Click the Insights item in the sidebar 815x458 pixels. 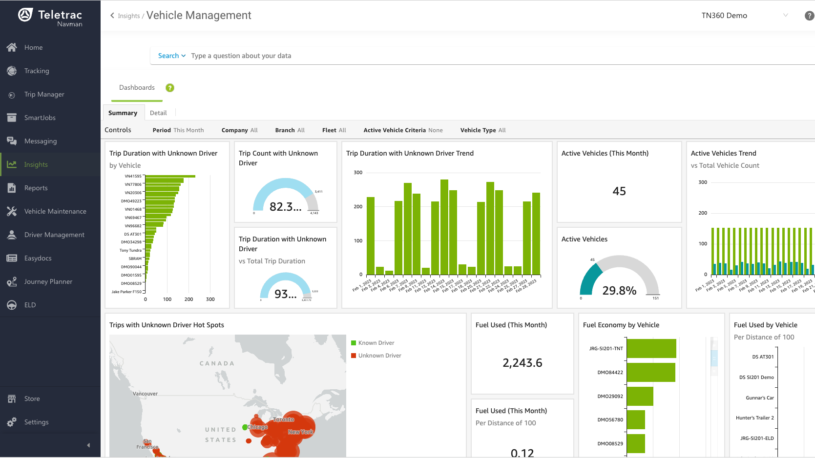36,165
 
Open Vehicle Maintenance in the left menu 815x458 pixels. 55,212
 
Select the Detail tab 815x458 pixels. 158,113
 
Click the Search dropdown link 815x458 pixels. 171,56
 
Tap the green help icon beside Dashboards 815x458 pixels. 170,88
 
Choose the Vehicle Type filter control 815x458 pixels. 482,130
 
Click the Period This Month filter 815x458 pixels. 178,130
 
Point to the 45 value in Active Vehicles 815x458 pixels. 619,191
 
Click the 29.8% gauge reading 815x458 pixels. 619,291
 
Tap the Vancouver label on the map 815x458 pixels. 145,394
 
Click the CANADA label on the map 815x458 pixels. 217,363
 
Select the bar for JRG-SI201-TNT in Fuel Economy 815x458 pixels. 651,349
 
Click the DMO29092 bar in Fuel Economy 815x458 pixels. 640,396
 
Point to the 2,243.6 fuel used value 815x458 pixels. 522,363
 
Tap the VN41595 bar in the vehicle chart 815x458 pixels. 170,176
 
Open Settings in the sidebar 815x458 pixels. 36,422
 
